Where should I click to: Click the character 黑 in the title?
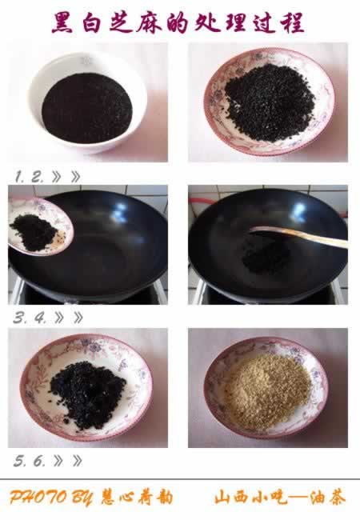coord(62,22)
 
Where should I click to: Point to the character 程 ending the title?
coord(292,22)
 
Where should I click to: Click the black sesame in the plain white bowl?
coord(87,109)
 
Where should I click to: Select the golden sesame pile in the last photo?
coord(268,391)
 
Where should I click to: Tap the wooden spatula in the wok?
coord(298,235)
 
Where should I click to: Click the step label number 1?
coord(19,177)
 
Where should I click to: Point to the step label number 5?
coord(19,462)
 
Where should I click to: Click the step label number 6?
coord(38,462)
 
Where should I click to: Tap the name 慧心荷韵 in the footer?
coord(137,498)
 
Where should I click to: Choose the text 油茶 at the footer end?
coord(327,498)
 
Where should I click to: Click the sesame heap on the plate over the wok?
coord(33,231)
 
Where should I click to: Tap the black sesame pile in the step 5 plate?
coord(88,394)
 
